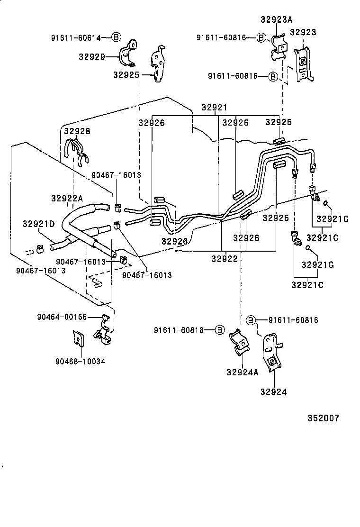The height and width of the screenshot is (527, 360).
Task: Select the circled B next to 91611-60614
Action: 116,37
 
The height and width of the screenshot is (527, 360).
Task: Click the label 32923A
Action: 276,19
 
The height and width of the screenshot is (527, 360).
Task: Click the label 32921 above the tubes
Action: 214,108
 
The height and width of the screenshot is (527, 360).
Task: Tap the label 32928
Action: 77,131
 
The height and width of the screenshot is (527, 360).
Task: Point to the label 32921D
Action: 38,223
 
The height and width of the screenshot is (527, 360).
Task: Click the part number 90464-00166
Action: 62,317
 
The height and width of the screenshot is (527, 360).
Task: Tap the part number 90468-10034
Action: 80,361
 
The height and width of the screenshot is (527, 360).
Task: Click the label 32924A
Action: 242,372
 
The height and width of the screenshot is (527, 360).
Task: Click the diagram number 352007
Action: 324,418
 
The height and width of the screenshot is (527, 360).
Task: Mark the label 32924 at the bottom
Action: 273,392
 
